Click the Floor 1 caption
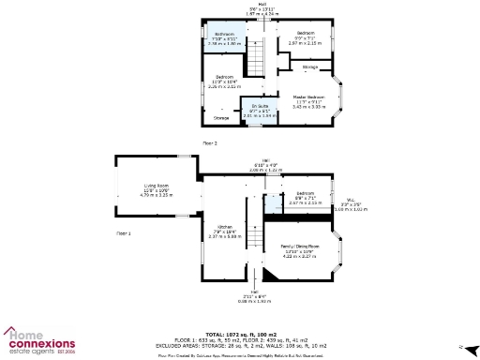(x=124, y=232)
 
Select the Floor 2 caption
(x=209, y=142)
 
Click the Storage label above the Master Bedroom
(x=309, y=67)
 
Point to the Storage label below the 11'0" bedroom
(x=221, y=118)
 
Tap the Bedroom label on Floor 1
(x=299, y=197)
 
